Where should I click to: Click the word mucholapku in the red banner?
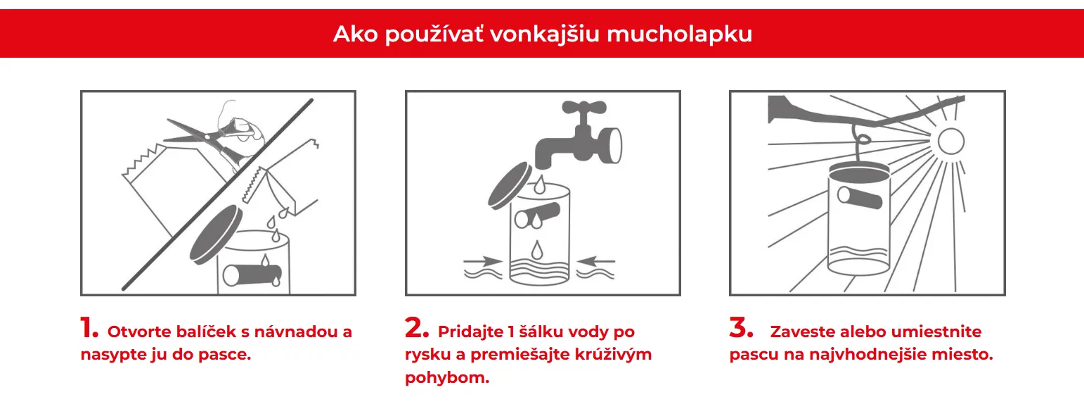click(679, 34)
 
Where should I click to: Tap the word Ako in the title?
click(356, 34)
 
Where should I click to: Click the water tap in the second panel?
click(579, 135)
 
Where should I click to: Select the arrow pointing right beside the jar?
click(483, 262)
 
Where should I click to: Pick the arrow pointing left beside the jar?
click(595, 262)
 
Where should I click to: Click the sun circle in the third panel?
click(951, 141)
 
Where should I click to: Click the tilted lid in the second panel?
click(510, 186)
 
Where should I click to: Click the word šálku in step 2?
click(541, 332)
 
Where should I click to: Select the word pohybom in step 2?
click(447, 378)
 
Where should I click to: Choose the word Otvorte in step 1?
click(139, 332)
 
